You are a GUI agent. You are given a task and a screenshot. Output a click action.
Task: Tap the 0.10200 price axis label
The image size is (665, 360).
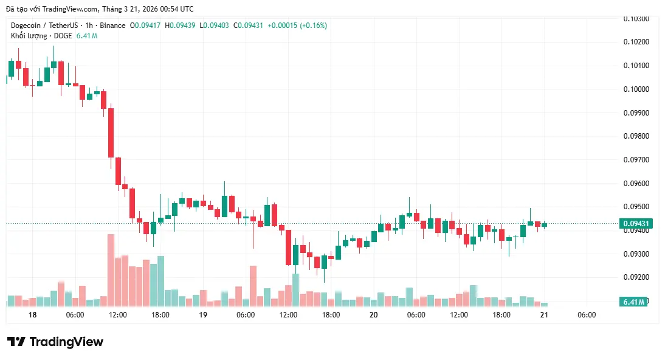coord(636,42)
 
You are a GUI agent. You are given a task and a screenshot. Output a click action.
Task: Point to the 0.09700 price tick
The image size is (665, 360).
coord(636,160)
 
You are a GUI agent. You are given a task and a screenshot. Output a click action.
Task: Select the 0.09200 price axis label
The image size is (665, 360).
coord(636,277)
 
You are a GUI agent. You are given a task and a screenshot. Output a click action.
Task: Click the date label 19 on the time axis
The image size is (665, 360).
coord(203,315)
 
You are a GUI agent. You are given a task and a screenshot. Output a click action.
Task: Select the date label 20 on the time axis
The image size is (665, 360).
coord(373,315)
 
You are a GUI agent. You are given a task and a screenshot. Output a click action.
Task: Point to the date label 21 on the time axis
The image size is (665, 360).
coord(544,315)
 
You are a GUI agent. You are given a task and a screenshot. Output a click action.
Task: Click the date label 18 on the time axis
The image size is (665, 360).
coord(32,315)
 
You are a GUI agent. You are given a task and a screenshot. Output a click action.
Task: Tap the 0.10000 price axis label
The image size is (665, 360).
coord(636,89)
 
